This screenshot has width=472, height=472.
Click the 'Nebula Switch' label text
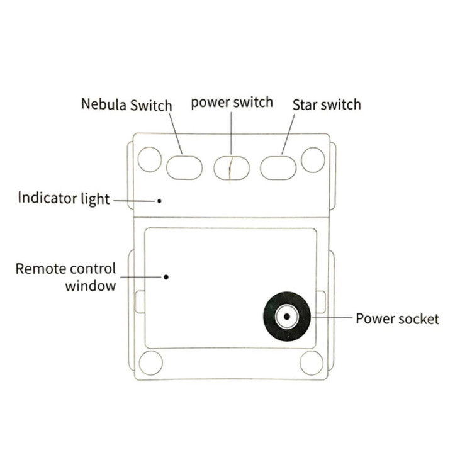click(x=126, y=104)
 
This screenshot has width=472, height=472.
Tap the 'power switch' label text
click(x=232, y=102)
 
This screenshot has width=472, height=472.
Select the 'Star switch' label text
click(x=327, y=104)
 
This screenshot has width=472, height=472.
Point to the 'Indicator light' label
click(x=64, y=199)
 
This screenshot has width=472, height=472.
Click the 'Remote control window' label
click(x=65, y=277)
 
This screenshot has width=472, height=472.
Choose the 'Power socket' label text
click(x=397, y=318)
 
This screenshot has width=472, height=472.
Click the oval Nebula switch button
click(x=184, y=167)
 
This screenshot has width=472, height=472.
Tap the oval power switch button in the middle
click(x=232, y=168)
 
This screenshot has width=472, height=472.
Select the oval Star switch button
click(x=278, y=167)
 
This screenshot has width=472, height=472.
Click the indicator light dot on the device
click(x=159, y=201)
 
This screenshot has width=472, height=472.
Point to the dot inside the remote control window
click(x=166, y=276)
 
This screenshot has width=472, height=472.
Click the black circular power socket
click(x=286, y=317)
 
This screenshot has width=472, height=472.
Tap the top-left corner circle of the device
click(x=150, y=159)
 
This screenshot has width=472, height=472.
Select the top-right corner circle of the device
click(x=313, y=160)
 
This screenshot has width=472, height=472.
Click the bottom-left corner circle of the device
click(x=150, y=363)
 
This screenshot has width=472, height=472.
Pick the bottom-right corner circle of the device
click(x=312, y=363)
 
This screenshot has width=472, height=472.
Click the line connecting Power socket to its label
click(x=330, y=318)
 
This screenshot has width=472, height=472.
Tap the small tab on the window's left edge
click(x=140, y=301)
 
